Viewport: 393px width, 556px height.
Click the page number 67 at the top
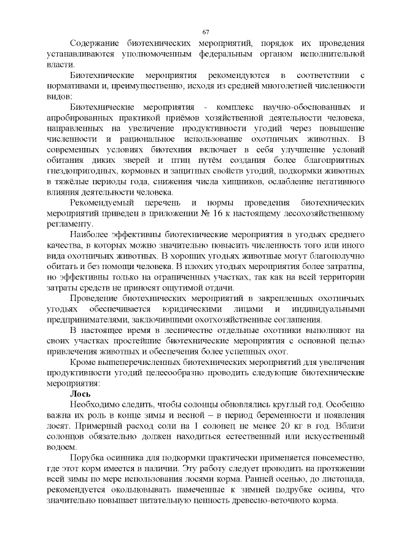[x=206, y=31]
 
